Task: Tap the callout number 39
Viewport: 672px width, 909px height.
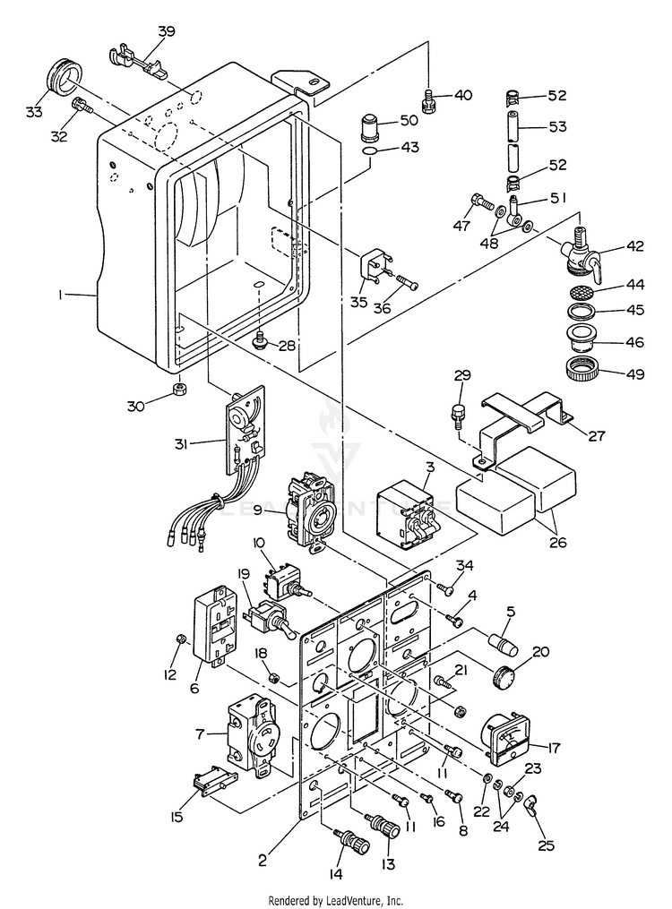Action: click(x=167, y=30)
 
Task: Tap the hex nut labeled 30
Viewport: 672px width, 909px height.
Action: click(x=181, y=388)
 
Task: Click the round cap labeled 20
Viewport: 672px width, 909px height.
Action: click(x=503, y=677)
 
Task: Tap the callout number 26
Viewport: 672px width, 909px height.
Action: click(x=557, y=543)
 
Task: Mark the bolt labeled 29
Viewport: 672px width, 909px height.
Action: click(x=458, y=415)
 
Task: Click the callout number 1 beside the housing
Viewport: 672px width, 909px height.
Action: click(x=60, y=295)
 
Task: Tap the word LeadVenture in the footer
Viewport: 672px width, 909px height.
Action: click(x=347, y=900)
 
